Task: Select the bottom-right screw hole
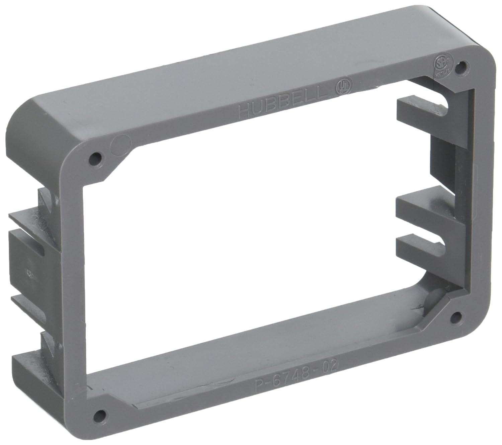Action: [455, 315]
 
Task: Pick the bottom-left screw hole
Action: [98, 415]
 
